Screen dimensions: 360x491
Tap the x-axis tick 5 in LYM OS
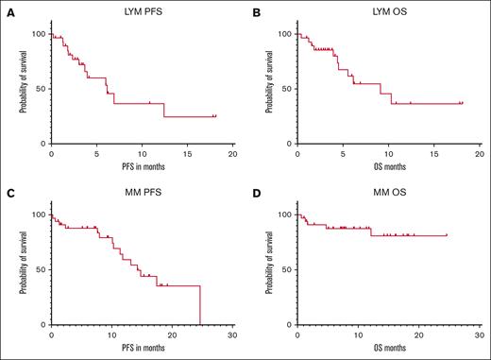(343, 153)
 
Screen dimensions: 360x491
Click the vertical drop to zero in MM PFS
(200, 305)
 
